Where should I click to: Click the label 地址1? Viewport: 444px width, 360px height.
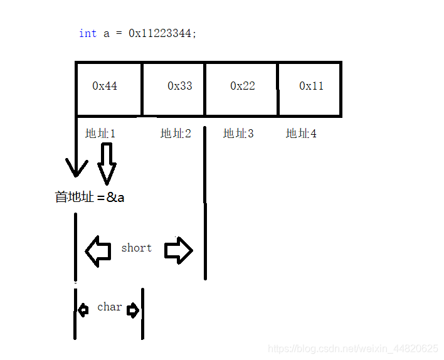[100, 134]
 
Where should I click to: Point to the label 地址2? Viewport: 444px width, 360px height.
[176, 134]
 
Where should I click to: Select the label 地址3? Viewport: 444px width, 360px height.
[238, 134]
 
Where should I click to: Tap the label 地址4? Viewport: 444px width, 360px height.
[301, 134]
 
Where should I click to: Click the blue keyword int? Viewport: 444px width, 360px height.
[87, 34]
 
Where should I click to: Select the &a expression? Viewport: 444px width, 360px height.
[115, 197]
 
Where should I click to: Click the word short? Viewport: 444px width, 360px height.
[136, 248]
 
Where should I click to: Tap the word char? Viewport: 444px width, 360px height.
[109, 307]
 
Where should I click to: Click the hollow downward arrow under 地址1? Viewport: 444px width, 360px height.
[107, 162]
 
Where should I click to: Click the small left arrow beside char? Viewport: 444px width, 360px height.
[83, 310]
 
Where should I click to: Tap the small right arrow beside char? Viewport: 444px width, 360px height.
[133, 310]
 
